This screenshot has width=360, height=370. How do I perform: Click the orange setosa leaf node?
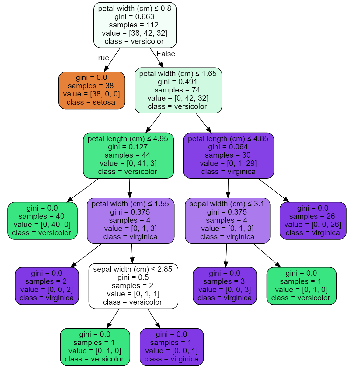pyautogui.click(x=92, y=90)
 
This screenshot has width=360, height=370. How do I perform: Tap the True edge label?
pyautogui.click(x=101, y=58)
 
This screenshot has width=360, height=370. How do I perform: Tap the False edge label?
pyautogui.click(x=166, y=54)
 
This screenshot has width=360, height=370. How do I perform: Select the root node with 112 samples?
pyautogui.click(x=135, y=25)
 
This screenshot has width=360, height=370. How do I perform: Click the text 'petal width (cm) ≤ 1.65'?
pyautogui.click(x=178, y=74)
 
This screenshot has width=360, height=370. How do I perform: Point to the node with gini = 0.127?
pyautogui.click(x=128, y=155)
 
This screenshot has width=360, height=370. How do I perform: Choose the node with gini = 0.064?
pyautogui.click(x=229, y=155)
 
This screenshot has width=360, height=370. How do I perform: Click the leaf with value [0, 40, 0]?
pyautogui.click(x=42, y=221)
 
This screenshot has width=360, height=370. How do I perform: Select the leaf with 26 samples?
pyautogui.click(x=313, y=221)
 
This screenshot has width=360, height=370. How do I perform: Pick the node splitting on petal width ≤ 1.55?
pyautogui.click(x=131, y=221)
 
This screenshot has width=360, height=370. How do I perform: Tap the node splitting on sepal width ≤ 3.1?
pyautogui.click(x=228, y=221)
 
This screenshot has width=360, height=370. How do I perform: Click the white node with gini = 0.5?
pyautogui.click(x=133, y=286)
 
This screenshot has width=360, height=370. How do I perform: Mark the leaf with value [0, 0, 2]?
pyautogui.click(x=47, y=286)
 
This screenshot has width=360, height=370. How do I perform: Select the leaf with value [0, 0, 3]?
pyautogui.click(x=225, y=286)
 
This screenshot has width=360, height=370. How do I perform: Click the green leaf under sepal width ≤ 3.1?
pyautogui.click(x=302, y=286)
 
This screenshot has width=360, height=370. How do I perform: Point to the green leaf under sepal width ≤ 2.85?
pyautogui.click(x=95, y=347)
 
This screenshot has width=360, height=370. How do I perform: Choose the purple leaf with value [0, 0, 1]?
pyautogui.click(x=172, y=347)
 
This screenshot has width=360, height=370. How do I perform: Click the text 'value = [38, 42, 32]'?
pyautogui.click(x=135, y=33)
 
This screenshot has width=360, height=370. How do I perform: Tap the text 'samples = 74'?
pyautogui.click(x=177, y=90)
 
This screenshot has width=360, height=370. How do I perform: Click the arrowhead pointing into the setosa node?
pyautogui.click(x=106, y=69)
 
